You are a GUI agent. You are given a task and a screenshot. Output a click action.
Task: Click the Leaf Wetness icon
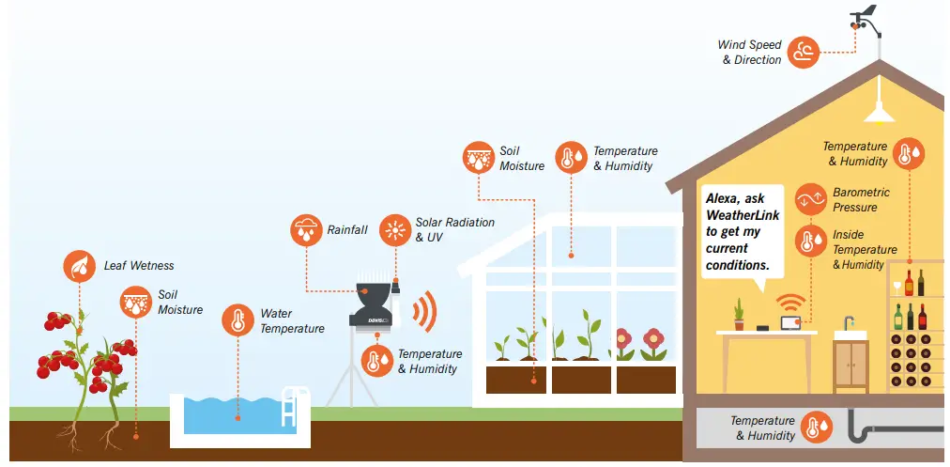tap(79, 266)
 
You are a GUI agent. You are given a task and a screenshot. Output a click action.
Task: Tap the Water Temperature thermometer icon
tap(237, 320)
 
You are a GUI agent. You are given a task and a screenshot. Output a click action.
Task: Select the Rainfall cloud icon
tap(305, 229)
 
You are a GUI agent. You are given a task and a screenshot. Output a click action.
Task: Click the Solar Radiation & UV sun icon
tap(395, 229)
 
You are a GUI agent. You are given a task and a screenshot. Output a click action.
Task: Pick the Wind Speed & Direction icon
tap(804, 52)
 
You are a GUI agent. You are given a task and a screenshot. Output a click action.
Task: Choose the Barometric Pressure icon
tap(811, 199)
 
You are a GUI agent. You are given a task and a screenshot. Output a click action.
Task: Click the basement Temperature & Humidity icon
tap(817, 428)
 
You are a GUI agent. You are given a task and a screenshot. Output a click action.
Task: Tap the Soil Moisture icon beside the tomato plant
tap(137, 302)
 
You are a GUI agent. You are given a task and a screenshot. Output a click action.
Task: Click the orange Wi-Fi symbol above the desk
tap(790, 303)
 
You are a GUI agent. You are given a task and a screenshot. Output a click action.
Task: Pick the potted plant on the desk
tap(739, 315)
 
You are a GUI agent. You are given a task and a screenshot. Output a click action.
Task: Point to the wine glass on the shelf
tap(896, 287)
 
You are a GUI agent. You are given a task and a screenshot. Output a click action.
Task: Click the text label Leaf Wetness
tap(139, 266)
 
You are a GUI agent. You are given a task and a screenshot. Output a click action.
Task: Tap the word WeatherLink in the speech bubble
tap(738, 215)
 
